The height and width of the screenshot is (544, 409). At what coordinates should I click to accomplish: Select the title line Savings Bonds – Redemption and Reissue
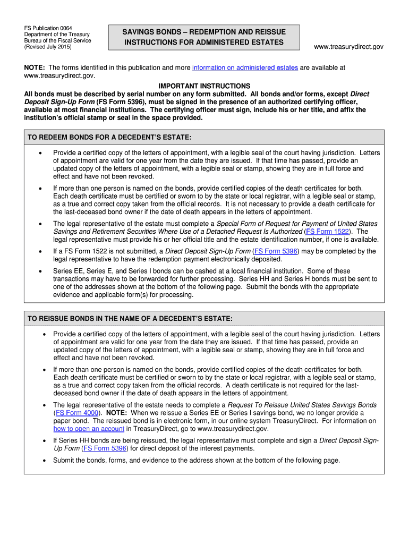[204, 32]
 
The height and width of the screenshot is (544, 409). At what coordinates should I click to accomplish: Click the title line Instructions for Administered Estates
[204, 42]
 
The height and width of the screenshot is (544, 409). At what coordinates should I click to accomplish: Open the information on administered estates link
[245, 67]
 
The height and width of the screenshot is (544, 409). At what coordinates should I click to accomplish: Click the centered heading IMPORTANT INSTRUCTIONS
[204, 86]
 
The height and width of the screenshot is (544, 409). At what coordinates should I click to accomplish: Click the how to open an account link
[89, 429]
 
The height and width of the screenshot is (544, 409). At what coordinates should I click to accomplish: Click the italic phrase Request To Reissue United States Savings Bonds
[302, 405]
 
